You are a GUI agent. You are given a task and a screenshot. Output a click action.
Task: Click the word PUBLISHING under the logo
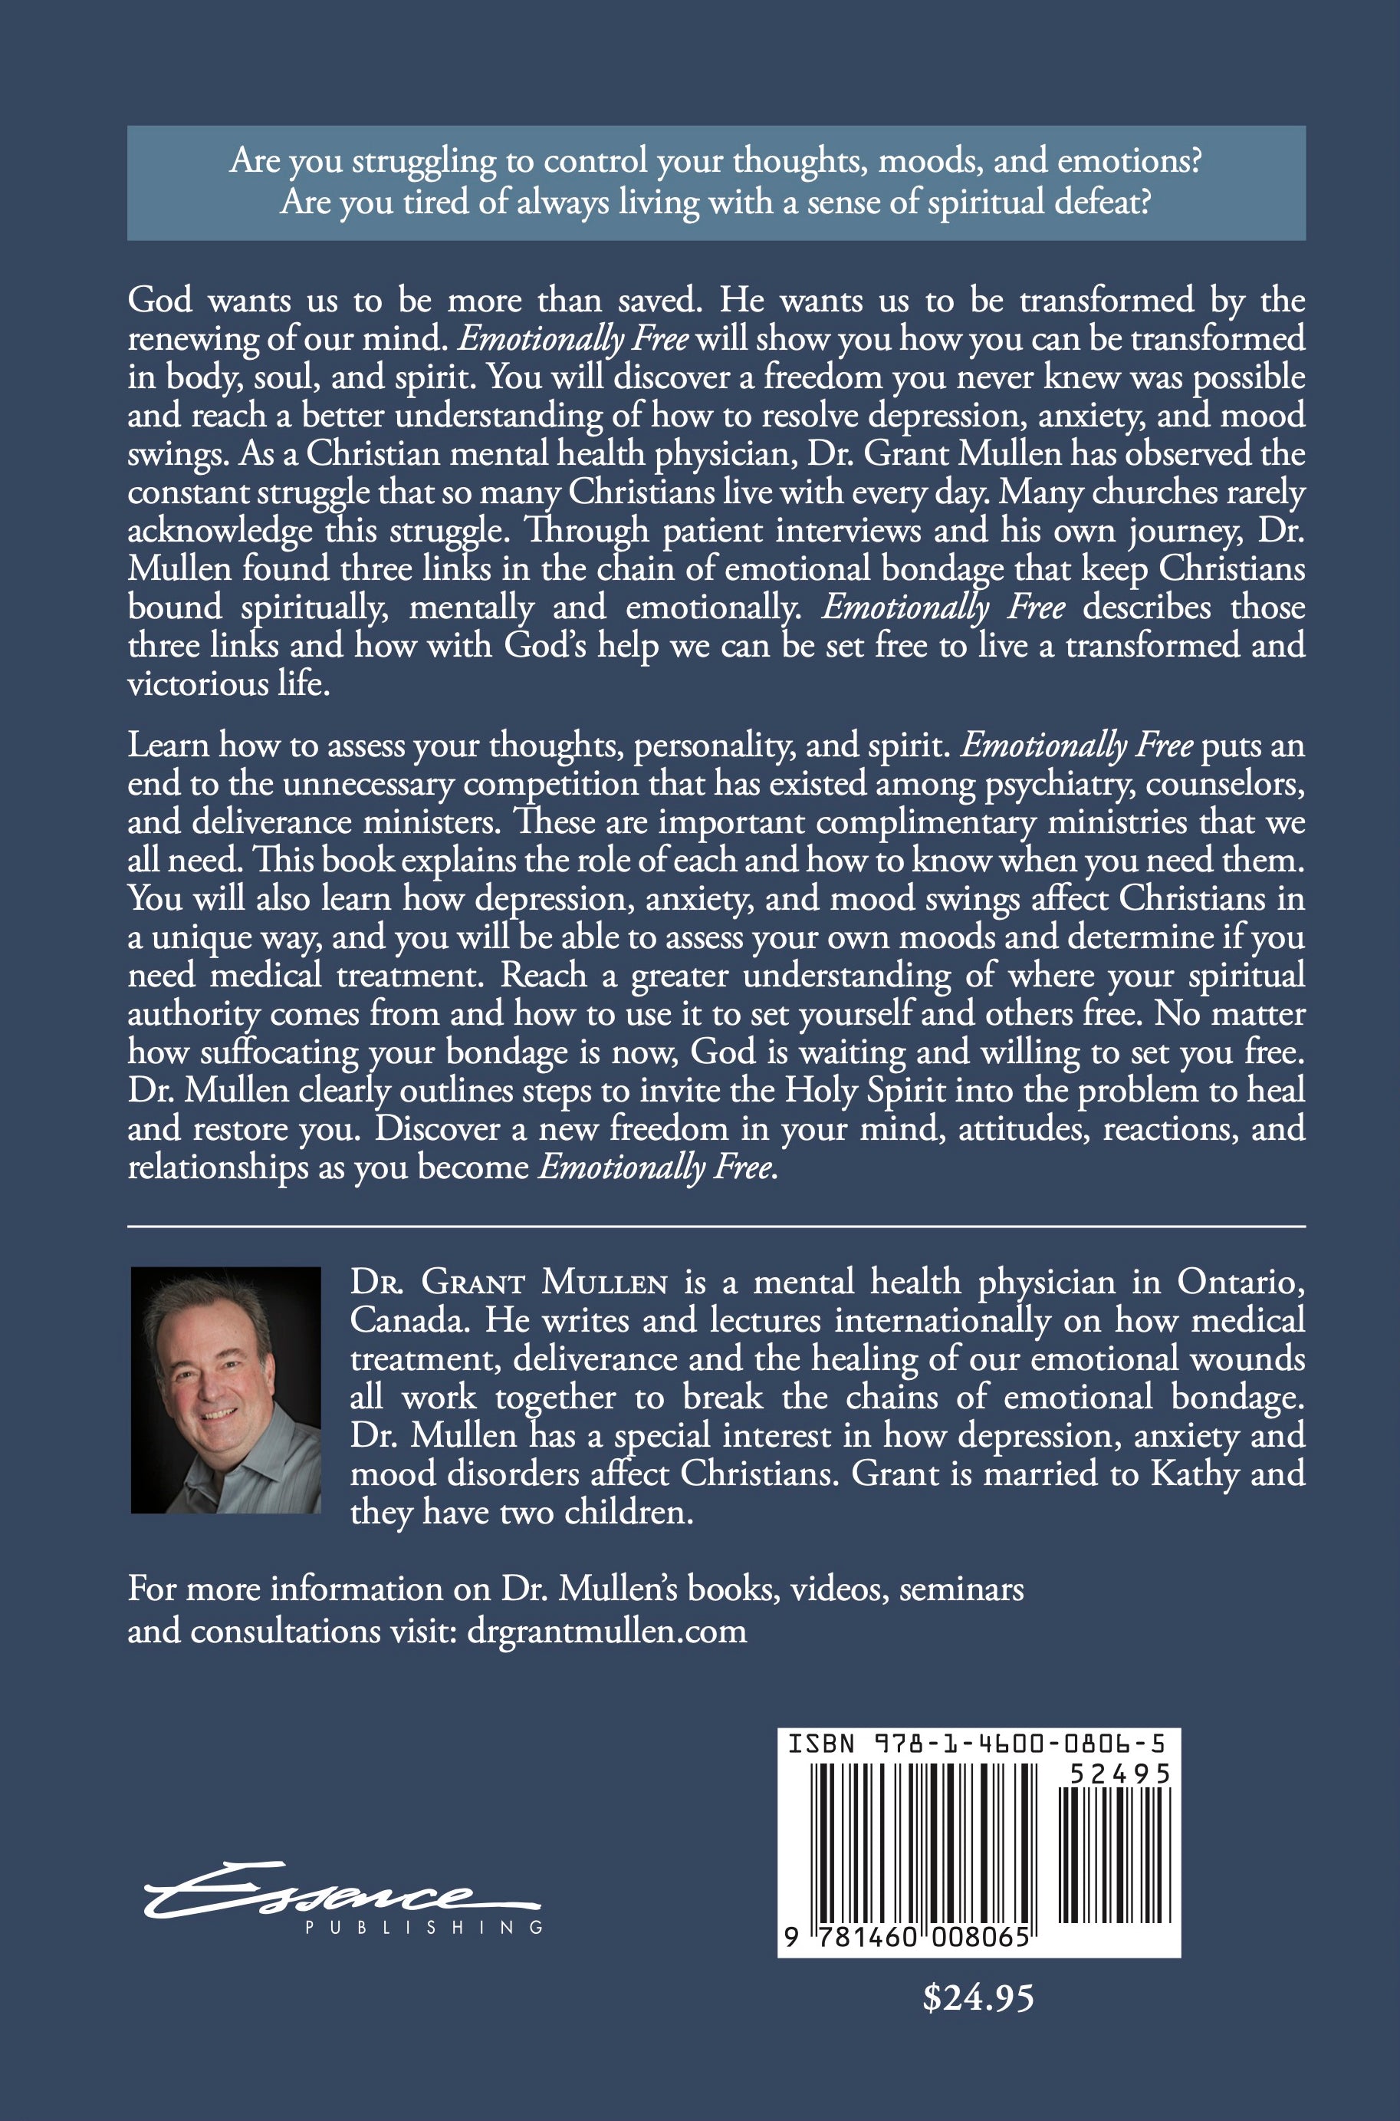click(x=423, y=1928)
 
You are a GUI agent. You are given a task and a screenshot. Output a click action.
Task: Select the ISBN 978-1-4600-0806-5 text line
click(x=976, y=1744)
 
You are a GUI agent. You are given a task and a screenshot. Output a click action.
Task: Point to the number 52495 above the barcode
click(x=1119, y=1774)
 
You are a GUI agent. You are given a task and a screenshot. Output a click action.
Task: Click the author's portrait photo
click(x=226, y=1388)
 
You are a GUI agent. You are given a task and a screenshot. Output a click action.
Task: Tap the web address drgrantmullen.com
click(x=606, y=1631)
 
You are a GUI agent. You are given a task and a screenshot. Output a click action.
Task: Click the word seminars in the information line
click(x=961, y=1589)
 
